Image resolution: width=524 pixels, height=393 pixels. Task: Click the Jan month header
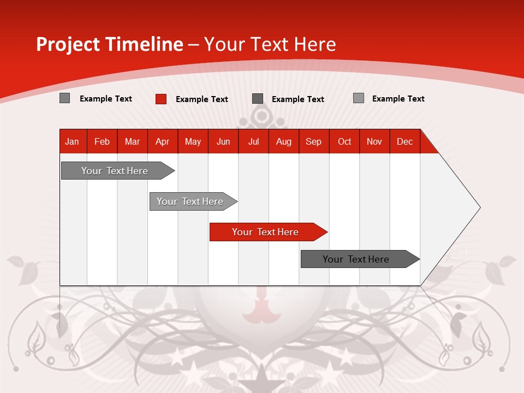click(x=72, y=142)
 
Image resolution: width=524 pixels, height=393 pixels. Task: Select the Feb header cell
click(x=102, y=142)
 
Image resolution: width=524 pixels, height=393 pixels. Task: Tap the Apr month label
click(x=162, y=142)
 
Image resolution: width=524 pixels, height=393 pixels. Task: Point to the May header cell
click(x=193, y=142)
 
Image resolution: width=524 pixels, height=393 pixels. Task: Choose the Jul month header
click(x=253, y=142)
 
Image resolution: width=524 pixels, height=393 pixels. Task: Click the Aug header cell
click(x=283, y=142)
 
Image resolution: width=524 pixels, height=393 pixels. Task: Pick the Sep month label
click(x=313, y=142)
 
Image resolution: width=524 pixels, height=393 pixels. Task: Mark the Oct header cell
click(x=344, y=142)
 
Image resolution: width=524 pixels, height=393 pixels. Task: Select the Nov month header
click(x=374, y=142)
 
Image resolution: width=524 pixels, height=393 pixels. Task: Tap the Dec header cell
click(x=404, y=142)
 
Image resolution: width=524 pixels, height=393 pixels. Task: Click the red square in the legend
click(x=161, y=99)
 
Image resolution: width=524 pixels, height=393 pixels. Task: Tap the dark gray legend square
click(x=258, y=99)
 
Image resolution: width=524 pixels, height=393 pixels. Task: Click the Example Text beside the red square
click(x=201, y=99)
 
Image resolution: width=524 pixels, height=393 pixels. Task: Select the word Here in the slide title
click(x=315, y=44)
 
